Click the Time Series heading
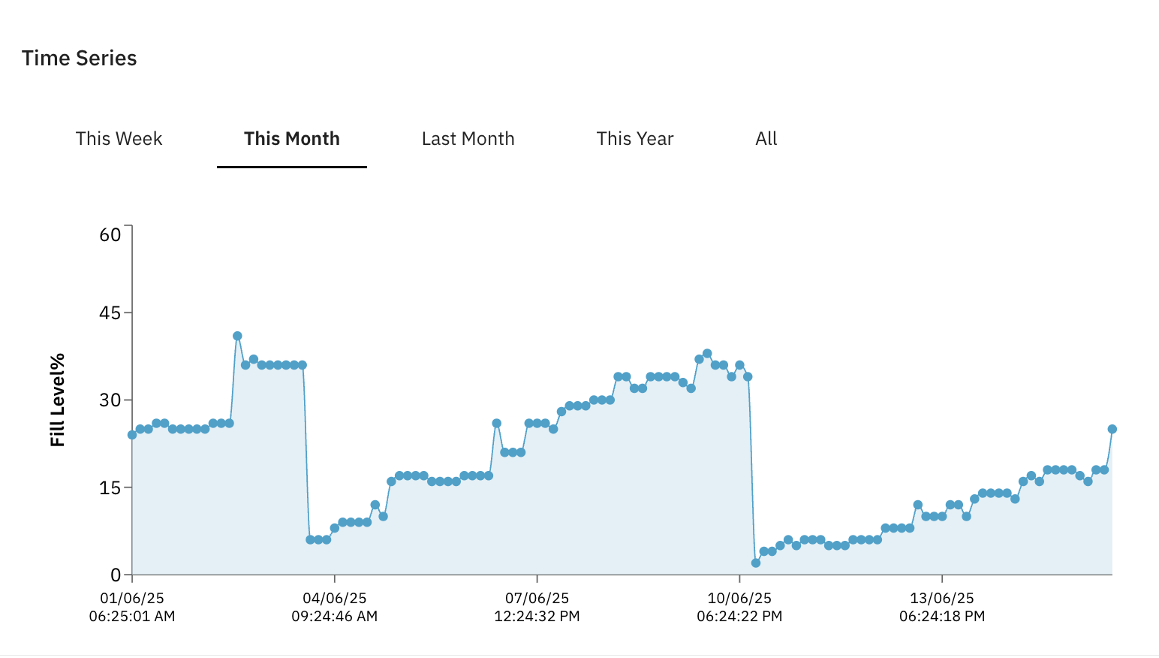(79, 59)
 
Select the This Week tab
(119, 139)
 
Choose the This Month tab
(291, 139)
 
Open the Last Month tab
(468, 139)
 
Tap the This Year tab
(634, 139)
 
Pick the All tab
(766, 139)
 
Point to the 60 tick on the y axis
(110, 235)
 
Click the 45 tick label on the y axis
(110, 313)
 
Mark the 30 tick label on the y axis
(110, 400)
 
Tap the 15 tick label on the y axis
(110, 487)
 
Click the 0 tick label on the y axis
(116, 575)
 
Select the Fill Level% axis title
(58, 400)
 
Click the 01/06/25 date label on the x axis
(132, 599)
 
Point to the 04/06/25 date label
(335, 599)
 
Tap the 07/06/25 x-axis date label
(537, 599)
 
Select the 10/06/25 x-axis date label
(739, 599)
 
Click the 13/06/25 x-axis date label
(942, 599)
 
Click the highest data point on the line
(237, 336)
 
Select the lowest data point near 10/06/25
(756, 563)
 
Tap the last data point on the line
(1112, 429)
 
